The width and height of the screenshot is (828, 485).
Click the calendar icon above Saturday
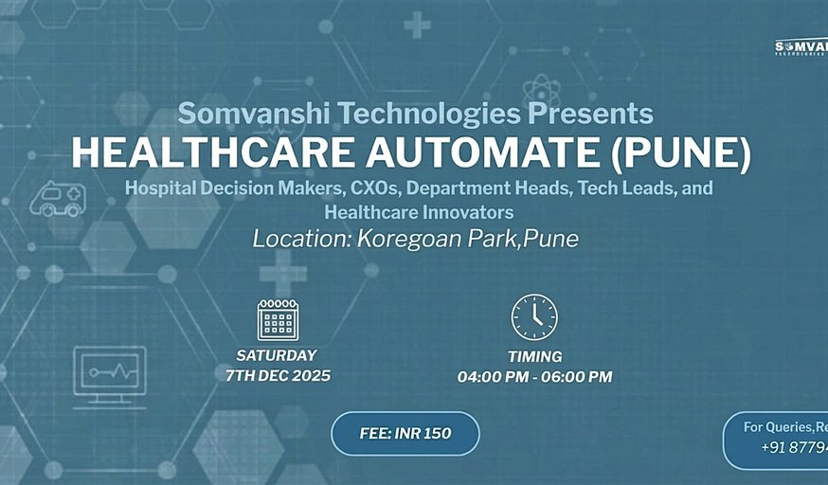278,319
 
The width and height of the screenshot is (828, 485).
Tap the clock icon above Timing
534,317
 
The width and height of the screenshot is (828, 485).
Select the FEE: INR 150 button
405,434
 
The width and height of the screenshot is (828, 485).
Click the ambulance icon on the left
58,199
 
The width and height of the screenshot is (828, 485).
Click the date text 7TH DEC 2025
278,376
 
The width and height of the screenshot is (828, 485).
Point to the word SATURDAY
277,356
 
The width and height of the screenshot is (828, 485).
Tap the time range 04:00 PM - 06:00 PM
534,377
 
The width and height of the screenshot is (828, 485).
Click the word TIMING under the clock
534,357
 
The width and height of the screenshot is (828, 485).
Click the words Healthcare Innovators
419,211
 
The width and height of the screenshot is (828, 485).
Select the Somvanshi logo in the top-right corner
801,47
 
